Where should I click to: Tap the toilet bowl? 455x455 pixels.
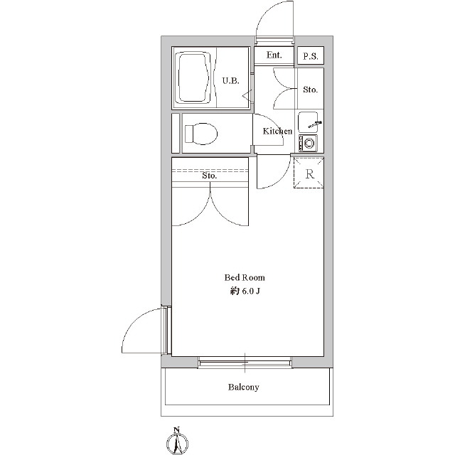click(200, 134)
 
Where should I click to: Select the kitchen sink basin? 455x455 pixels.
click(308, 122)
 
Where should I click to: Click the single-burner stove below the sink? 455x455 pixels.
click(308, 143)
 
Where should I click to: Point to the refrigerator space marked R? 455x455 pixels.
click(309, 173)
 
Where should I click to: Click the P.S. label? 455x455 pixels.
click(311, 56)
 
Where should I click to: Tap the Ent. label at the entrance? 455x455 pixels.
click(274, 55)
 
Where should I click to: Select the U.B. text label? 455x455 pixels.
click(231, 80)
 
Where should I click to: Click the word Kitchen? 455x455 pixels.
click(277, 131)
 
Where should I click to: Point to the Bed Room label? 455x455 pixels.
click(245, 278)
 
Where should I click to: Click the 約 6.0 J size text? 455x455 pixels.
click(245, 291)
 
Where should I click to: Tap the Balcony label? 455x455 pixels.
click(243, 387)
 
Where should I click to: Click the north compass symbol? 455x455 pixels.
click(177, 442)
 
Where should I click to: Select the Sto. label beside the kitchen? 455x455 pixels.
click(310, 90)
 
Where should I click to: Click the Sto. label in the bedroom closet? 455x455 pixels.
click(210, 176)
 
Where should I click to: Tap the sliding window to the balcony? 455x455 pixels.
click(245, 363)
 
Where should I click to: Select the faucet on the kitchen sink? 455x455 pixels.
click(315, 124)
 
